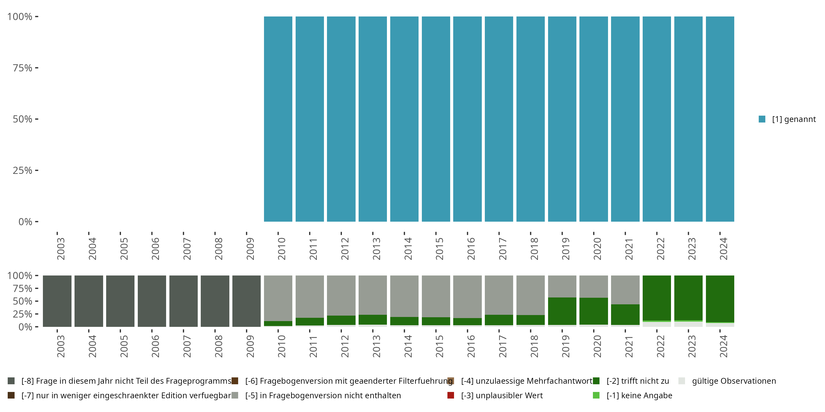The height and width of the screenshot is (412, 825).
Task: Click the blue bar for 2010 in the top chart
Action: (278, 119)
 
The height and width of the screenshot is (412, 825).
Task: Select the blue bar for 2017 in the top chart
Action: (499, 119)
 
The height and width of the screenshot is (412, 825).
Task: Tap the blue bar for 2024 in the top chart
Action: (720, 119)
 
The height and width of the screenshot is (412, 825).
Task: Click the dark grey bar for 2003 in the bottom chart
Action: (57, 301)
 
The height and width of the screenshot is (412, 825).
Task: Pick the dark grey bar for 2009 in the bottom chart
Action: (246, 301)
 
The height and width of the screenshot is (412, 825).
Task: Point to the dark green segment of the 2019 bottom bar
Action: (562, 311)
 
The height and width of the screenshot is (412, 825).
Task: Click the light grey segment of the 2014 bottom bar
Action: (404, 296)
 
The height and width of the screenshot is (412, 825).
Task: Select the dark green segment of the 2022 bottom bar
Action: (656, 298)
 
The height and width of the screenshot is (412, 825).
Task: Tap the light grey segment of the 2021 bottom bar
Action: (625, 289)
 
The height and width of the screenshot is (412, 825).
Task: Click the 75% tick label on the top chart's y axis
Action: (23, 68)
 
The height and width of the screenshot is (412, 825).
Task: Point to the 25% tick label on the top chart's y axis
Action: (23, 171)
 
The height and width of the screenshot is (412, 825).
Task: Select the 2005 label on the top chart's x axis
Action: (124, 249)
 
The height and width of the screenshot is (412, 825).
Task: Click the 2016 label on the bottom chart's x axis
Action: (471, 346)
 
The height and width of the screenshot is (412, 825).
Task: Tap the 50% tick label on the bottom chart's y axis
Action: (23, 301)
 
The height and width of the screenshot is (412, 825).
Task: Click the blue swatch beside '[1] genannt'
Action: (762, 119)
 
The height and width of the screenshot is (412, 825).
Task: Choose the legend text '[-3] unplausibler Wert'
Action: (502, 395)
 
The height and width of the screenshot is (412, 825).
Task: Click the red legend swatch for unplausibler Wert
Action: (451, 395)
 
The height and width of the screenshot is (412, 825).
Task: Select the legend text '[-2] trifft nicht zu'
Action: (638, 381)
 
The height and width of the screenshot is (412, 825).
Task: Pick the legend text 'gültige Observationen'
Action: (734, 381)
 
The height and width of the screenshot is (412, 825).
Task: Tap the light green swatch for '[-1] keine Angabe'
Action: (596, 395)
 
